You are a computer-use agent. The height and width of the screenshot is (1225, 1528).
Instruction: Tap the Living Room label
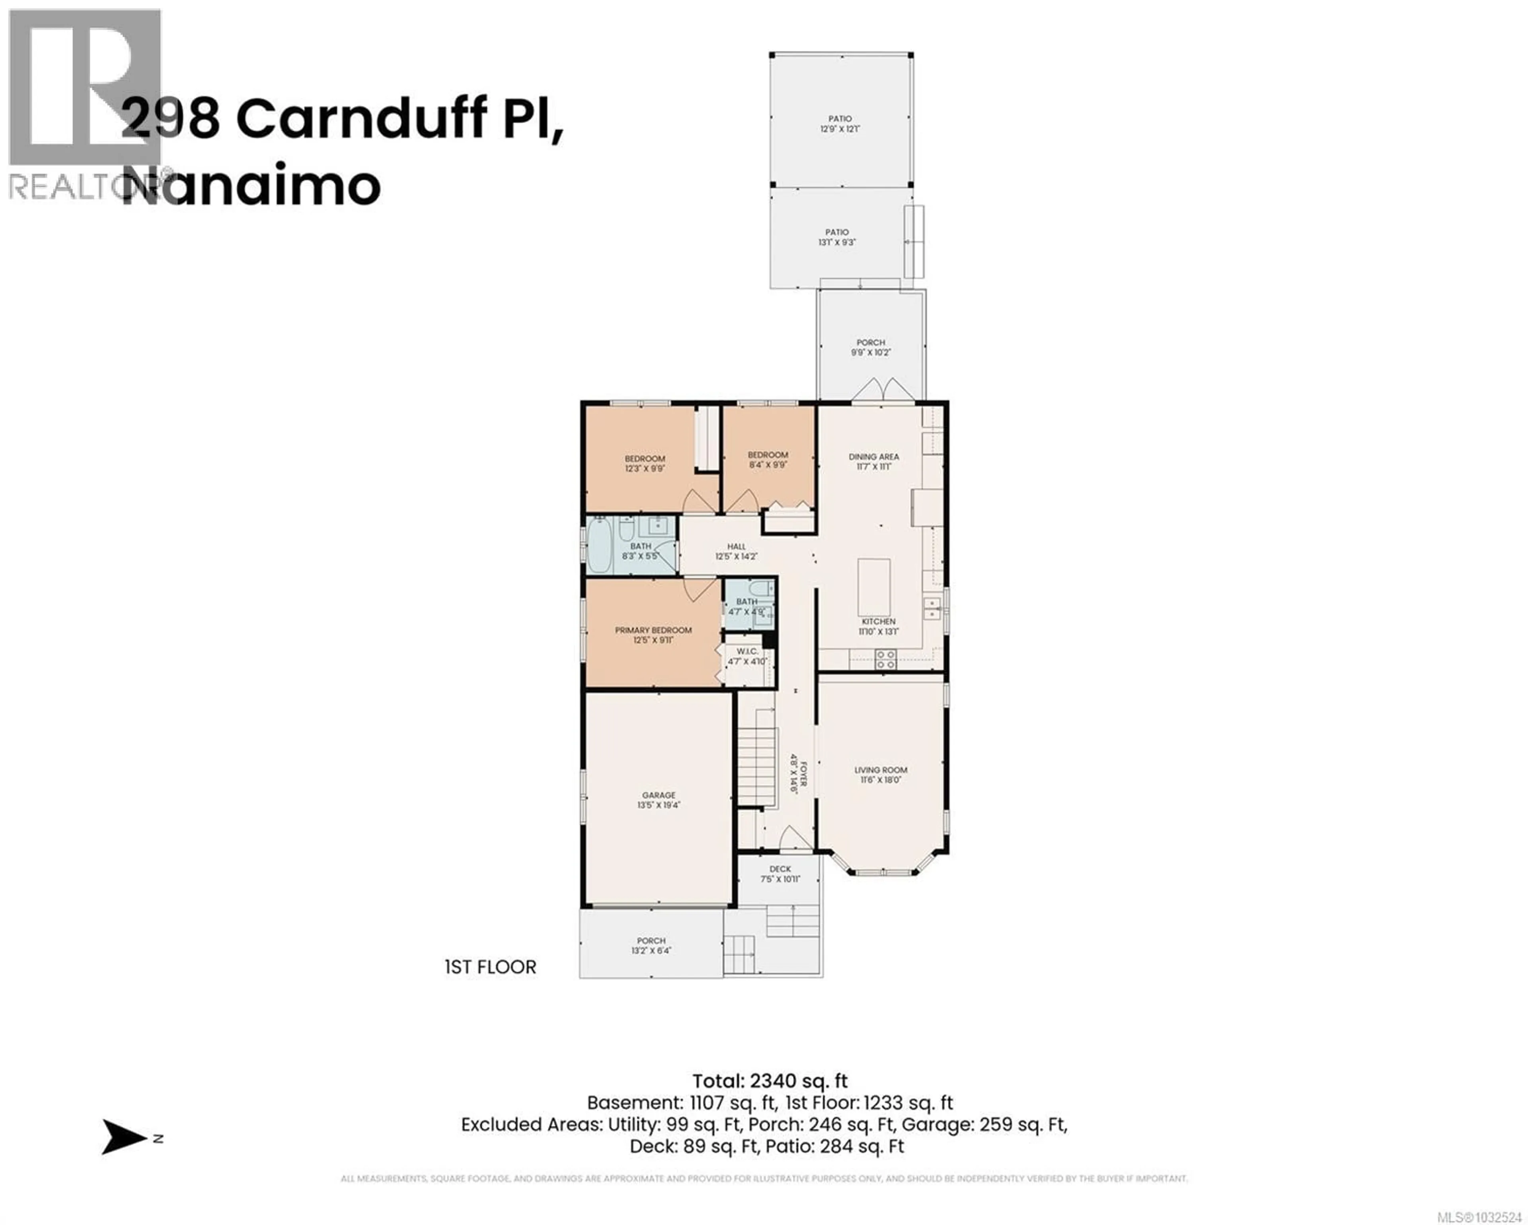coord(880,770)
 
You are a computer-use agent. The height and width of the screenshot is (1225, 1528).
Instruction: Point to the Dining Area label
coord(873,456)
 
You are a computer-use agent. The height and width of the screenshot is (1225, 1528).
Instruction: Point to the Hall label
coord(737,546)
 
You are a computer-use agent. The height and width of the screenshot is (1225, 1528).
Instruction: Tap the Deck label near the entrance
coord(780,869)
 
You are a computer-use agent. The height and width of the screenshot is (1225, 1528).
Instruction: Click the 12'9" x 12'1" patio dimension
coord(840,129)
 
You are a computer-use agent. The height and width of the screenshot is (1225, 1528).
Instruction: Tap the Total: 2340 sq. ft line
coord(770,1081)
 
